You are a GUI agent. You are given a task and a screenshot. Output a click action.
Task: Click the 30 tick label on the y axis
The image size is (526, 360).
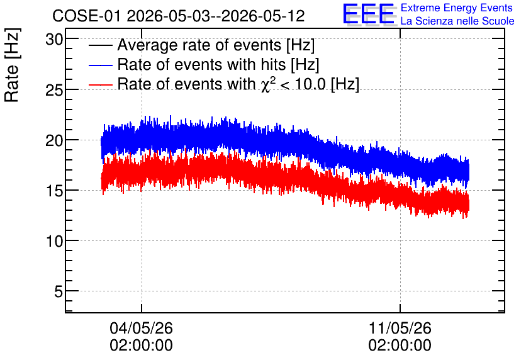tap(54, 40)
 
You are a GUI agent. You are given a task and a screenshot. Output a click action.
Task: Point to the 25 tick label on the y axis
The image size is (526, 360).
tap(54, 90)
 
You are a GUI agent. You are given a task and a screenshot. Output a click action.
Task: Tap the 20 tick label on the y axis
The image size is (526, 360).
tap(54, 140)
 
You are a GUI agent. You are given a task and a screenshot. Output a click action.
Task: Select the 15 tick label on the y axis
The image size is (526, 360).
tap(54, 191)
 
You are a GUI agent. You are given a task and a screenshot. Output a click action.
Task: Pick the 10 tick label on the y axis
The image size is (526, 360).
tap(54, 241)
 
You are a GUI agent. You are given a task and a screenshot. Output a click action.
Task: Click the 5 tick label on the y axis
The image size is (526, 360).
tap(59, 291)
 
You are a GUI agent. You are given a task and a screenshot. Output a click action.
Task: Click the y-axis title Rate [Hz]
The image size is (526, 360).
tap(12, 65)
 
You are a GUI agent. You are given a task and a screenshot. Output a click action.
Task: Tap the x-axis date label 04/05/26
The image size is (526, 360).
tap(141, 328)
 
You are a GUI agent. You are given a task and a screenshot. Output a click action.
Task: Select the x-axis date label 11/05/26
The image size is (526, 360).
tap(400, 328)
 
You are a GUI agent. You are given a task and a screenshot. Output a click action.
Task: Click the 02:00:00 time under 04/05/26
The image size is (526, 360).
tap(141, 346)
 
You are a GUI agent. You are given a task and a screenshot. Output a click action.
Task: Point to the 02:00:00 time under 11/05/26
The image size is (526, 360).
tap(400, 346)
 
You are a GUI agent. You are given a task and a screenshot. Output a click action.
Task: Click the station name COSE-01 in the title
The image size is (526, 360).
tap(86, 16)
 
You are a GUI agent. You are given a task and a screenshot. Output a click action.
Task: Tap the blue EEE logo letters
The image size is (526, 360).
tap(368, 14)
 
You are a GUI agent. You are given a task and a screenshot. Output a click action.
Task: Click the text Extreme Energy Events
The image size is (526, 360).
tap(457, 8)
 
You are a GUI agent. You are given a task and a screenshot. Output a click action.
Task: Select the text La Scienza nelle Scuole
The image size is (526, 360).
tap(457, 21)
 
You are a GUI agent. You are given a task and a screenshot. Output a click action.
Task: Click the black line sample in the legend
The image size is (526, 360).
tap(100, 45)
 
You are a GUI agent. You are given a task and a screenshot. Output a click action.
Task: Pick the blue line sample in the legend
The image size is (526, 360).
tap(100, 65)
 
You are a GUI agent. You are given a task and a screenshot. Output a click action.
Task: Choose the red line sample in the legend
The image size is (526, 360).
tap(100, 84)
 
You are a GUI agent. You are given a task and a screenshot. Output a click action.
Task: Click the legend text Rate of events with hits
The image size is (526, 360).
tap(201, 64)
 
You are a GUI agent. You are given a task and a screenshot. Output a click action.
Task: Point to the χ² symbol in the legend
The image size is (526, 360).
tap(266, 84)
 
